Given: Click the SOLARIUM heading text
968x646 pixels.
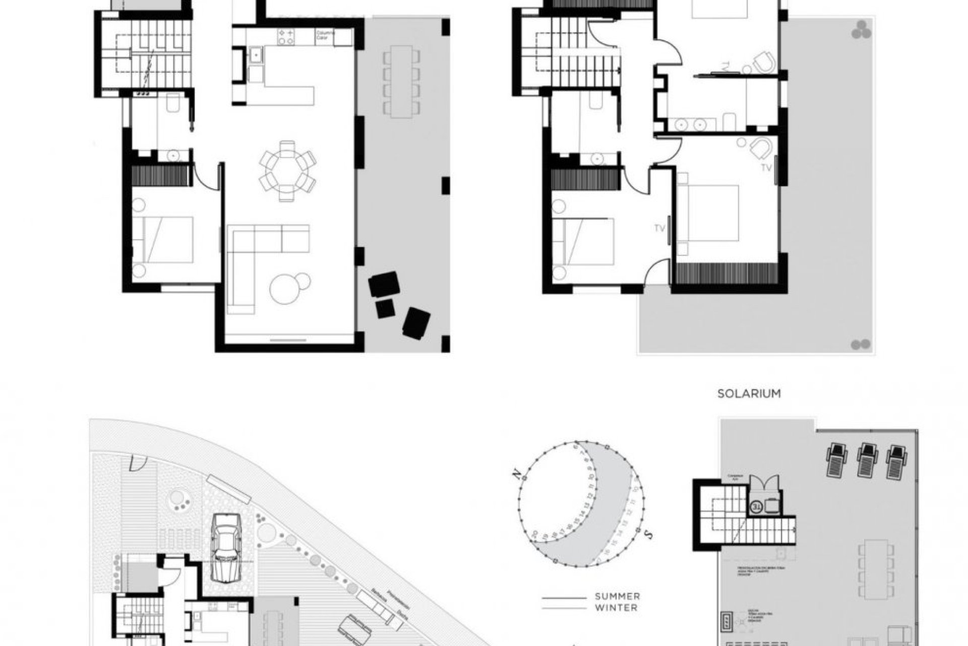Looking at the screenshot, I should coord(749,393).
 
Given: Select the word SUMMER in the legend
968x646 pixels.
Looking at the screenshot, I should coord(617,597).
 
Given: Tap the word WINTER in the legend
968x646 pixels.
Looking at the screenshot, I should coord(616,608).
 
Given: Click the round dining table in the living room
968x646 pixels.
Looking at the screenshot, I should coord(287,171).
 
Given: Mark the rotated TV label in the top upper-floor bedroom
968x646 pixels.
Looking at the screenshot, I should coord(725,66).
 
